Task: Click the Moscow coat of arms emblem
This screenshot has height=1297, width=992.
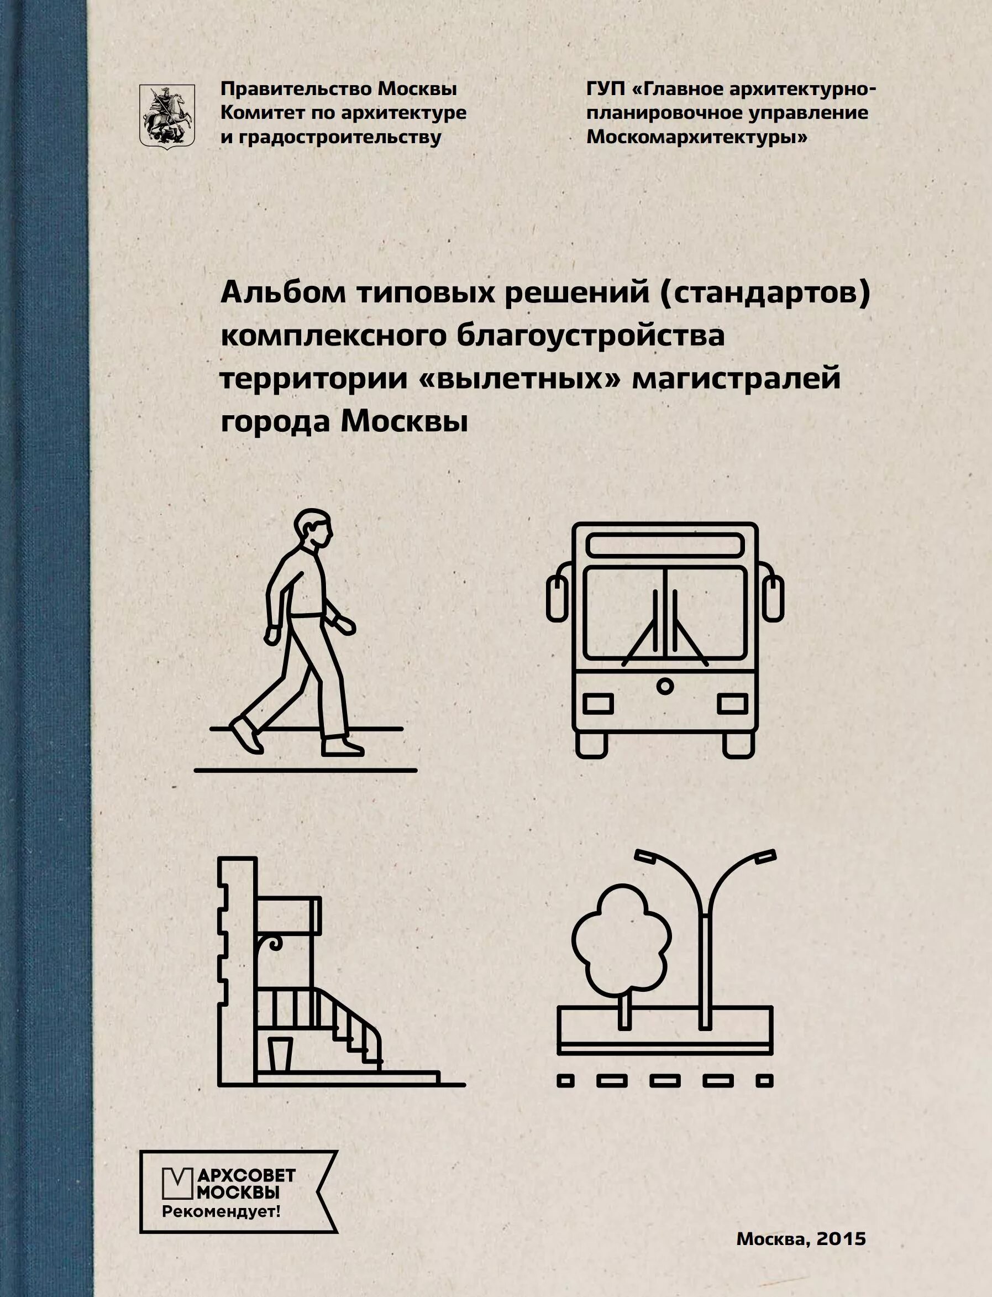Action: click(x=166, y=116)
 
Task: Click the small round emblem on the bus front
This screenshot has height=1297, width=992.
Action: click(x=665, y=686)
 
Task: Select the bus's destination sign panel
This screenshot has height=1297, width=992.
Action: click(x=665, y=545)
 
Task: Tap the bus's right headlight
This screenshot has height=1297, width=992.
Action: click(x=732, y=703)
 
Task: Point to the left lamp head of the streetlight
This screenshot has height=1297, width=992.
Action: click(x=647, y=857)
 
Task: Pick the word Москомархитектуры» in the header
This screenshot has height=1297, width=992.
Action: click(x=697, y=138)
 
